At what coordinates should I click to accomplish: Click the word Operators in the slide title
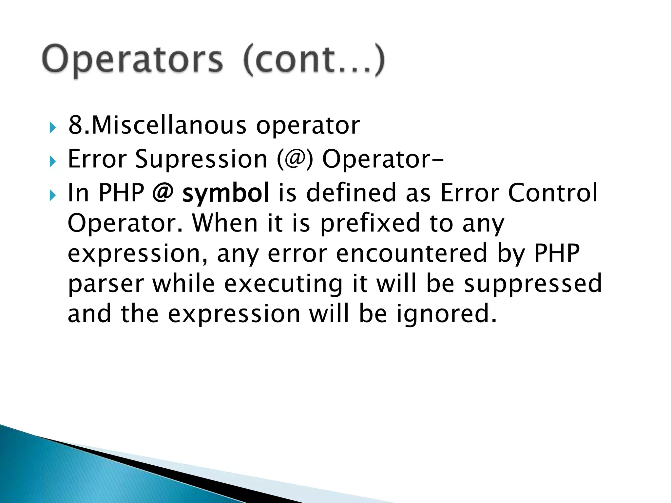(132, 60)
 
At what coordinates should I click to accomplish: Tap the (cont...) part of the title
(314, 60)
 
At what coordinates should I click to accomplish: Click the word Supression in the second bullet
(201, 159)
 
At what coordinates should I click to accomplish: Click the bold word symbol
(226, 193)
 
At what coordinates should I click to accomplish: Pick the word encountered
(412, 253)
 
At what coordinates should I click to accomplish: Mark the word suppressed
(533, 284)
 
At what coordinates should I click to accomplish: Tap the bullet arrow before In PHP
(52, 196)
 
